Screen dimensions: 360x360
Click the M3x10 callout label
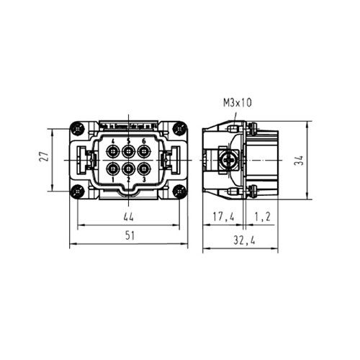tap(237, 103)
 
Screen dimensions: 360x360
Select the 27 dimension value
tap(44, 156)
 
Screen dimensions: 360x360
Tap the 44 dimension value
tap(128, 217)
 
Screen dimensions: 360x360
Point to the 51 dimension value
tap(130, 235)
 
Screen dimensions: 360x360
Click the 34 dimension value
tap(299, 160)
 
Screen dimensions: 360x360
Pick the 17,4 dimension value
tap(223, 217)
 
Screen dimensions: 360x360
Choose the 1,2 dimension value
tap(262, 217)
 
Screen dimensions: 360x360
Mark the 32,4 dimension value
tap(244, 240)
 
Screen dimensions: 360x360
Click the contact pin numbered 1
tap(113, 168)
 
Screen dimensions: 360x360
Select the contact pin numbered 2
tap(128, 168)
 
